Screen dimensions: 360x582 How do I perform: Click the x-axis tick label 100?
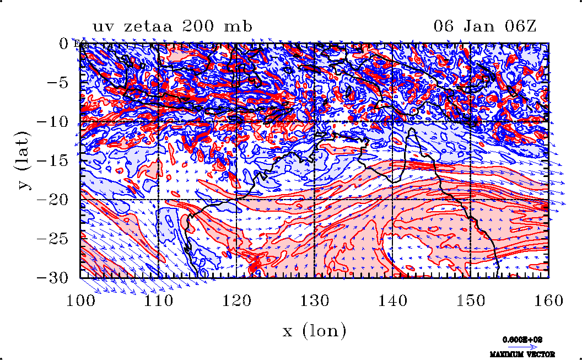(80, 301)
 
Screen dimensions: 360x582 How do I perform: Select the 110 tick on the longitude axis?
(158, 301)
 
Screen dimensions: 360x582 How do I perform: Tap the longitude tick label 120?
(236, 301)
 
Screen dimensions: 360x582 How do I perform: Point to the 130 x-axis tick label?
(314, 301)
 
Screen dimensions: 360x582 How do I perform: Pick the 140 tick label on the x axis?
(392, 301)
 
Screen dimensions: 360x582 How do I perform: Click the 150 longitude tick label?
(471, 301)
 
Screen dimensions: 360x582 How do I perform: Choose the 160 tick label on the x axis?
(548, 301)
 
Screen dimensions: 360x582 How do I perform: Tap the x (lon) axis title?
(314, 331)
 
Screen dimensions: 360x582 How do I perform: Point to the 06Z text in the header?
(519, 26)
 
